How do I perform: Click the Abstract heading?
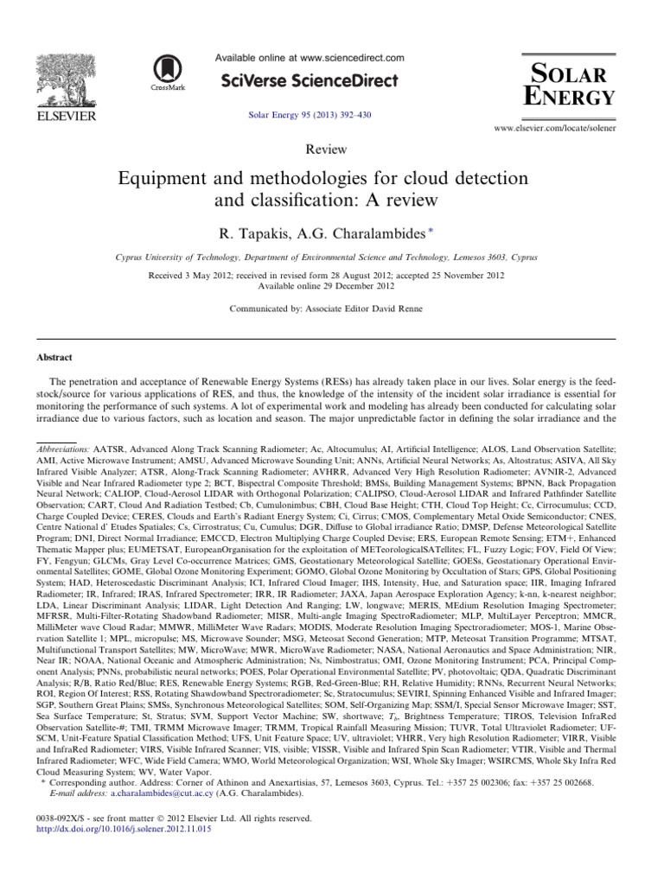(x=54, y=357)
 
